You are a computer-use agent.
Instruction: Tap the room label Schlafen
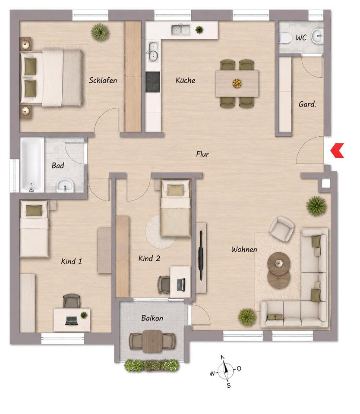103,80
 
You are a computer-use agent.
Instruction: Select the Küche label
185,80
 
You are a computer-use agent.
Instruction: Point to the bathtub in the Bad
32,165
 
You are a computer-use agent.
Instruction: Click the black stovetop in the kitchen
153,82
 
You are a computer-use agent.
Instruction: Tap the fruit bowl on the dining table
237,83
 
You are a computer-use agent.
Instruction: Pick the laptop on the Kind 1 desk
72,320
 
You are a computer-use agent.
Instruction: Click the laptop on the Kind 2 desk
181,285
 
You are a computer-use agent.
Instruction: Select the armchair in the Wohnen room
282,229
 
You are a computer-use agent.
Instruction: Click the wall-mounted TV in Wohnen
201,255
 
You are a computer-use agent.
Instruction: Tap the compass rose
225,371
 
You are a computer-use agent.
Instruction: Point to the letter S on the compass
229,386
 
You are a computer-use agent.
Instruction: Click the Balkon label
152,318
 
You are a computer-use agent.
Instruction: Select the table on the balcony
152,341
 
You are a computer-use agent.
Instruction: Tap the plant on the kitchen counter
199,30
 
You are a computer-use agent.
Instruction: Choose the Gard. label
307,104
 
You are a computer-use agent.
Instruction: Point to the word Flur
202,154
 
